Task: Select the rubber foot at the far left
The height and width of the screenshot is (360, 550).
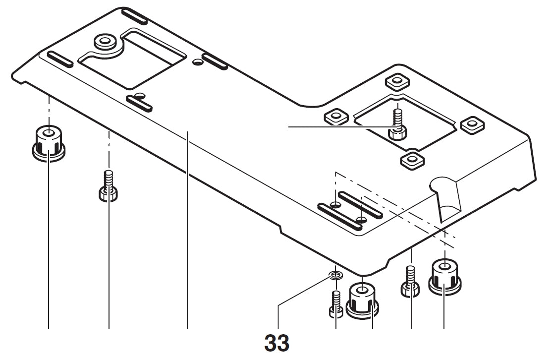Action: click(x=49, y=143)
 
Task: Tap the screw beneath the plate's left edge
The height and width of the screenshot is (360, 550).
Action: click(x=109, y=186)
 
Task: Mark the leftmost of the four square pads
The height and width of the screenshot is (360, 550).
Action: click(x=335, y=117)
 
